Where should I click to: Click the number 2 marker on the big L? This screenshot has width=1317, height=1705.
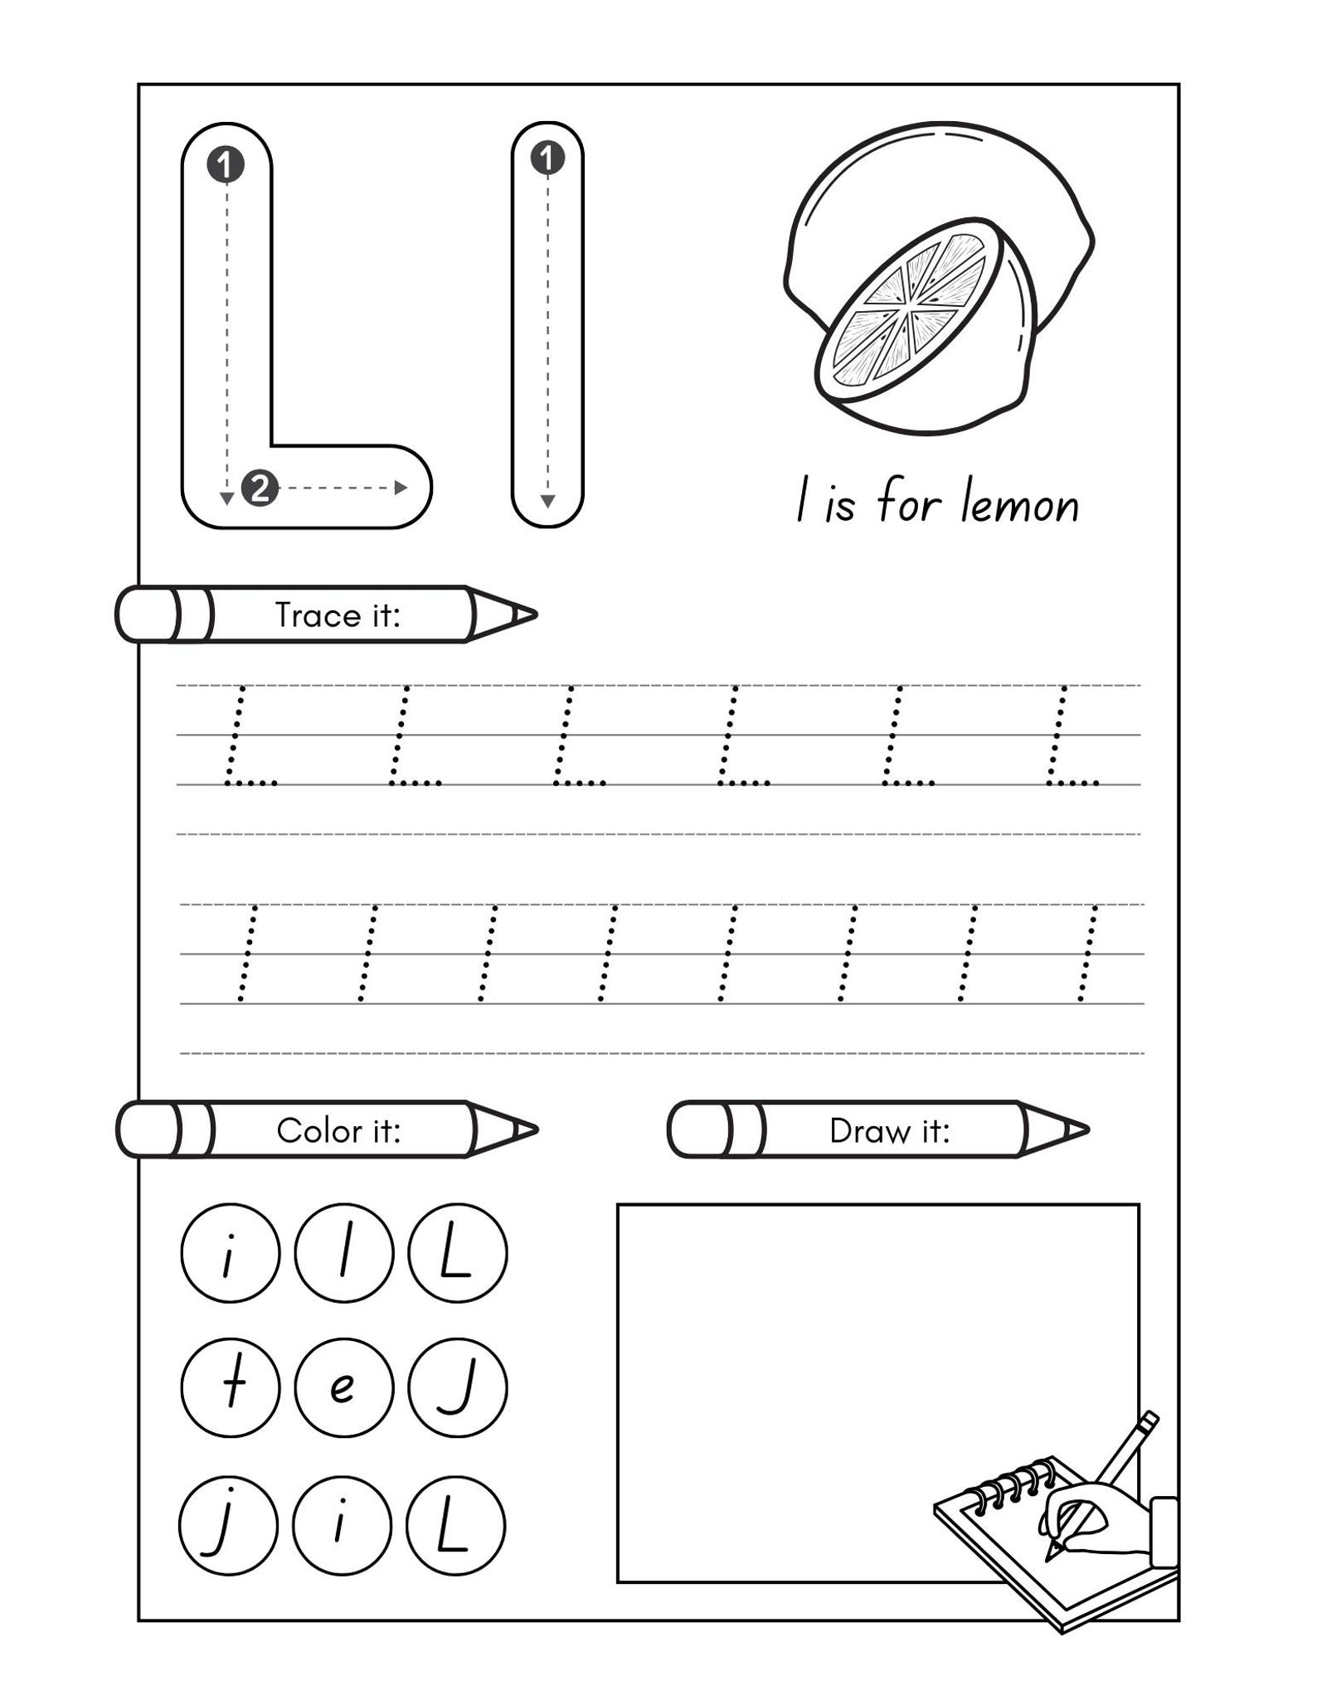click(260, 488)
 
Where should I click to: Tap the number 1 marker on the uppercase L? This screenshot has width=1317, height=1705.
click(226, 164)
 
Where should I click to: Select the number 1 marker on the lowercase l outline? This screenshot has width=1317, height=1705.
click(547, 158)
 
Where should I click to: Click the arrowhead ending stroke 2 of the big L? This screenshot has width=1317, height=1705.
click(401, 488)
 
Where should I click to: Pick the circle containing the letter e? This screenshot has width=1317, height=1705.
click(343, 1388)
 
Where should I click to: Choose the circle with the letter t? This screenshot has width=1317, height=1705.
click(231, 1388)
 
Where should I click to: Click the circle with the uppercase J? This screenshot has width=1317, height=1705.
click(457, 1388)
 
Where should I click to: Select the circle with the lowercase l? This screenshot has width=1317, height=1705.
click(343, 1252)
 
